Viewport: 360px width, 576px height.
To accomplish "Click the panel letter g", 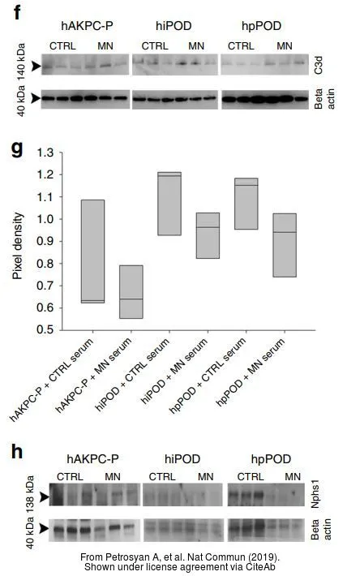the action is pos(17,149).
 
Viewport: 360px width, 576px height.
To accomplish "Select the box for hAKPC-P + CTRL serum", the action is pos(92,251).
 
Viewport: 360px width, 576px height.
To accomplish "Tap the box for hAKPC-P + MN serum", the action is pos(131,292).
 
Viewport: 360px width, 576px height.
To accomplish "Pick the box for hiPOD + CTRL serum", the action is pos(169,204).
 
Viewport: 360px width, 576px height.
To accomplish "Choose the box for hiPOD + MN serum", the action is pos(208,235).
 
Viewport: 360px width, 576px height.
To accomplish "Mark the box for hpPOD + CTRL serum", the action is pos(246,204).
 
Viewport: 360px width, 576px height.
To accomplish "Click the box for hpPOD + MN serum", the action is pos(285,245).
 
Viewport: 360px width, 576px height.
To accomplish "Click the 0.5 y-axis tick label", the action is pos(45,330).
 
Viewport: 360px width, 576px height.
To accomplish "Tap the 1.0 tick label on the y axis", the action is pos(45,219).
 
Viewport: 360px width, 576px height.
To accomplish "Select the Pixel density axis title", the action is pos(17,246).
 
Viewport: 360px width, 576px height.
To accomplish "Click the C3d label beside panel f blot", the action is pos(318,65).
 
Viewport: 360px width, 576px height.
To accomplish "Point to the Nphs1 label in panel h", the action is pos(315,495).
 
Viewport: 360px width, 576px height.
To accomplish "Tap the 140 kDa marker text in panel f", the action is pos(21,60).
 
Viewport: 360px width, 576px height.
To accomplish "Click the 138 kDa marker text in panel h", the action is pos(30,494).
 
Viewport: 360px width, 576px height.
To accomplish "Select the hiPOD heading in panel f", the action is pos(174,26).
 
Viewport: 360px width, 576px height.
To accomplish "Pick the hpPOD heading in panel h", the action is pos(271,459).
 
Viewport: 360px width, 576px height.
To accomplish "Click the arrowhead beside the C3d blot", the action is pos(36,67).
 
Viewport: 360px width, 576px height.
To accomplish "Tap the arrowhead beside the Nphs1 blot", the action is pos(45,497).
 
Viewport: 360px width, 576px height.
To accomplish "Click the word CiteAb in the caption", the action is pos(261,567).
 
